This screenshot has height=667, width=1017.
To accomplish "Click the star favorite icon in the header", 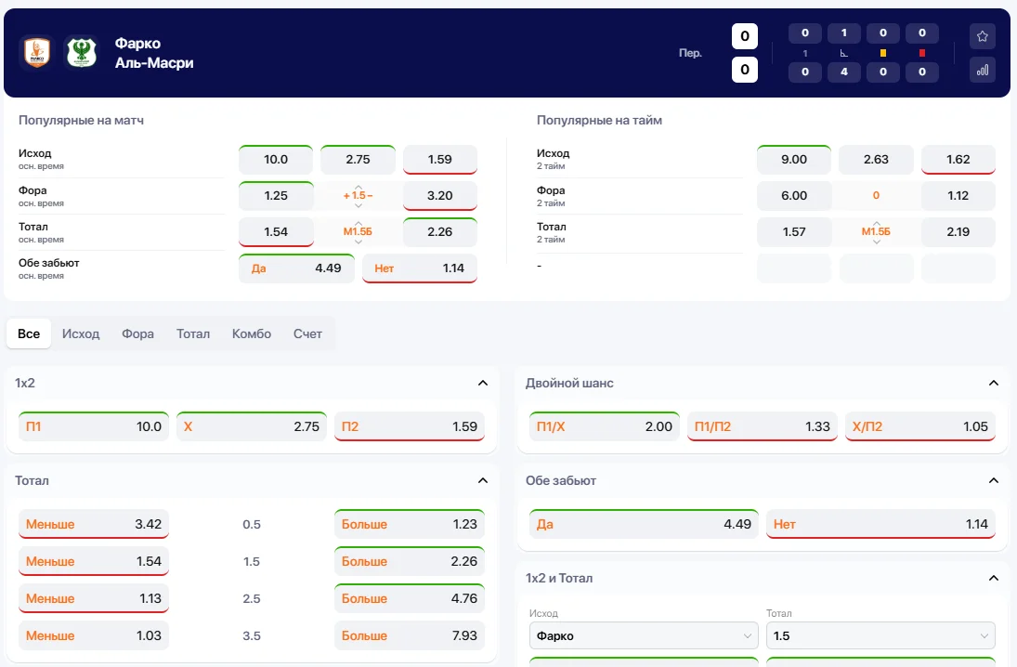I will click(x=983, y=36).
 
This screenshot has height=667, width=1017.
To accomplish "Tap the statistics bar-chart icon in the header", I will click(x=983, y=70).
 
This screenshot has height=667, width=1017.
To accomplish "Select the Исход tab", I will click(x=81, y=333).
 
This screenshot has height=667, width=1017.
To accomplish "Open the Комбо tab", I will click(x=252, y=333).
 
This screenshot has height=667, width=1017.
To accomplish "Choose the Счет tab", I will click(x=307, y=333).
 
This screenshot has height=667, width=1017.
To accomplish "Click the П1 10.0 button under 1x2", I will click(x=94, y=427).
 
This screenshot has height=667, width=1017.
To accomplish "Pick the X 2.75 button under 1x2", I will click(x=252, y=427).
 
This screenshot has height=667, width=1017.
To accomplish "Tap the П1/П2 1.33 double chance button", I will click(x=763, y=427).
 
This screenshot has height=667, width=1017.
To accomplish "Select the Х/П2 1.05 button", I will click(x=919, y=427).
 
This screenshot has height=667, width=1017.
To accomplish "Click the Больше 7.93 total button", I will click(x=410, y=636).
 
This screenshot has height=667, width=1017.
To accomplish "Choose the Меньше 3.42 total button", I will click(x=94, y=525).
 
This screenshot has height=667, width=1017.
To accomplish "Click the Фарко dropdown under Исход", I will click(x=644, y=636).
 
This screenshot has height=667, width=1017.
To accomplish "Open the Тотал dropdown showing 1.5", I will click(x=880, y=636).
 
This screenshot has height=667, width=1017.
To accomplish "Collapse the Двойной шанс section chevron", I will click(x=994, y=383).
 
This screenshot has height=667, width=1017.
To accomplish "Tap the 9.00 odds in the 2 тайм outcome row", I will click(x=794, y=160).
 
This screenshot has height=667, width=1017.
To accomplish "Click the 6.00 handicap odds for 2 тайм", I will click(x=794, y=196).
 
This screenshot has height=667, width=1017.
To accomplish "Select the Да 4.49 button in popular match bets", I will click(x=296, y=268).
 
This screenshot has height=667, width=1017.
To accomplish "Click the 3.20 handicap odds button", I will click(x=439, y=196).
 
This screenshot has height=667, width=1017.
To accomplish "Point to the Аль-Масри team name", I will click(x=154, y=63).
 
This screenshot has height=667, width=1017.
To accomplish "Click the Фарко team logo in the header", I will click(x=36, y=52).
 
